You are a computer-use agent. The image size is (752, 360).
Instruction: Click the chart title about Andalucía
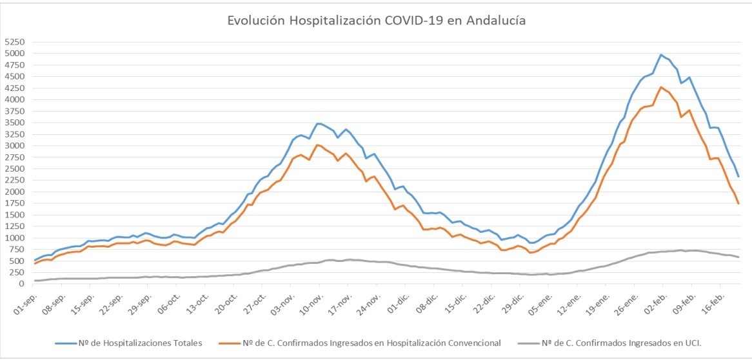376,21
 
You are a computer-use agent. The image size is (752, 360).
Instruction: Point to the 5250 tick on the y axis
14,41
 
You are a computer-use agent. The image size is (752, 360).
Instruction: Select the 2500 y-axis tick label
14,168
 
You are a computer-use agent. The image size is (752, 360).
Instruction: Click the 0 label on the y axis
22,284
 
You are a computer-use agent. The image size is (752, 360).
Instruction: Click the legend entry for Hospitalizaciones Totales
130,343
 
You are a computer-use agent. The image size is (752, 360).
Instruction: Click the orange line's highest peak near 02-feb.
661,87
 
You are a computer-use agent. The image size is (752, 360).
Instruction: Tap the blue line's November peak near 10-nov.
317,123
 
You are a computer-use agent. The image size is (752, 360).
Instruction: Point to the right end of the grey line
738,257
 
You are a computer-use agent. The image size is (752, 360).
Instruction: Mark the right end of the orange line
738,204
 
